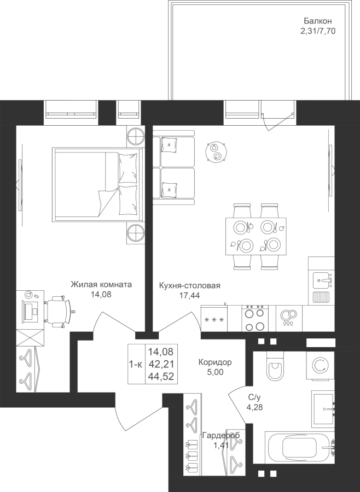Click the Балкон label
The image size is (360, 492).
click(x=317, y=21)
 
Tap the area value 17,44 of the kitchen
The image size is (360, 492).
click(x=189, y=295)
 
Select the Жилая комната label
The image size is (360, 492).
click(x=101, y=285)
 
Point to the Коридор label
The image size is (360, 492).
click(x=215, y=362)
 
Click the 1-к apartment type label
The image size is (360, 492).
click(x=136, y=364)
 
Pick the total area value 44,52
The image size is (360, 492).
click(x=161, y=376)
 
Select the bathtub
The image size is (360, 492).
click(x=300, y=448)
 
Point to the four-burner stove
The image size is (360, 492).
click(x=255, y=318)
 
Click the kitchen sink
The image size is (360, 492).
click(x=322, y=280)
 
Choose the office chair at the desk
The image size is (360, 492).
click(x=59, y=311)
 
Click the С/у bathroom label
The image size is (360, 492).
click(x=254, y=397)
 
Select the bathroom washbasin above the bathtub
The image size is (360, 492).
click(x=323, y=407)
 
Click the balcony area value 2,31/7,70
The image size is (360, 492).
click(x=318, y=31)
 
